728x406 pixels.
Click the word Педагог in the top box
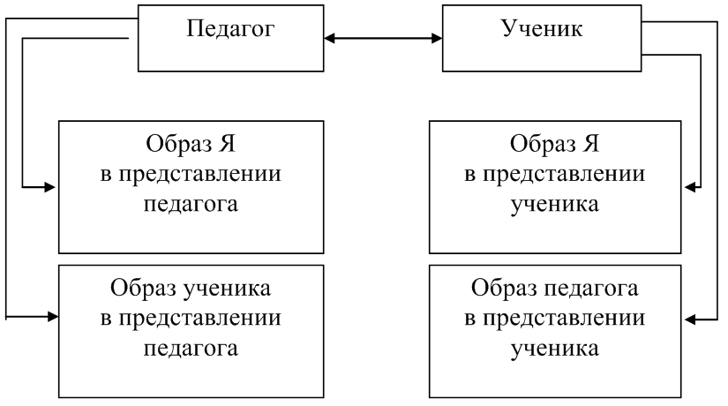coord(232,28)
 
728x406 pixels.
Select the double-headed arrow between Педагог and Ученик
coord(384,39)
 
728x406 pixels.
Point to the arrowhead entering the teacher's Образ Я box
coord(52,187)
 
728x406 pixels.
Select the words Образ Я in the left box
coord(191,144)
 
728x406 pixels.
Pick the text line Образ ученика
coord(191,289)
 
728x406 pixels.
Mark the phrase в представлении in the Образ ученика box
coord(191,318)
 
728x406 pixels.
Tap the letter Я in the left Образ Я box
coord(225,144)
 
